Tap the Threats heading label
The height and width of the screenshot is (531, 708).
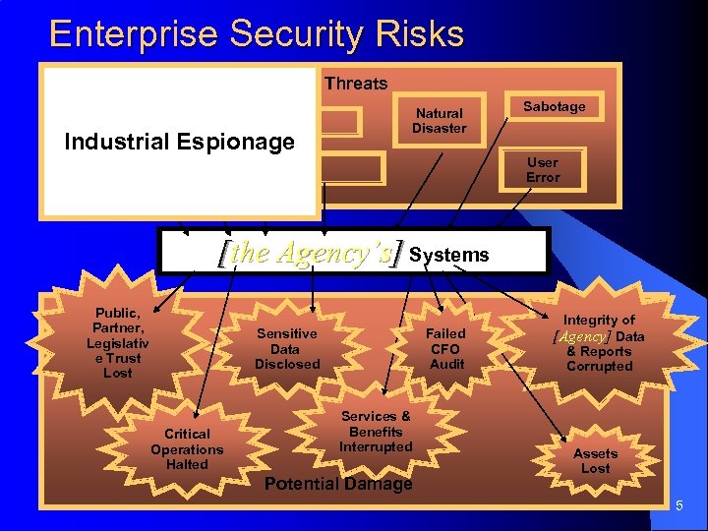[356, 84]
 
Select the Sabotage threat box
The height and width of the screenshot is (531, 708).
[554, 106]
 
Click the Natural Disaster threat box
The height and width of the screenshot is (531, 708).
[439, 121]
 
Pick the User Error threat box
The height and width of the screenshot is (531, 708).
[542, 169]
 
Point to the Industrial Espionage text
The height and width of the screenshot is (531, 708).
[179, 142]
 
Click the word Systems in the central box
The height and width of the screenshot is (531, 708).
[448, 255]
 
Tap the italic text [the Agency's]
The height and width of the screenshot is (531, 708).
[310, 254]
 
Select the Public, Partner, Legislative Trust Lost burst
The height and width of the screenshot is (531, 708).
[117, 342]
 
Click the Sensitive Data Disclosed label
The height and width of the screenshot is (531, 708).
[287, 348]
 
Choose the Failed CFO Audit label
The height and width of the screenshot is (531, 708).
[446, 348]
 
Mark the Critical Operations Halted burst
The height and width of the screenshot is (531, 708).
[187, 448]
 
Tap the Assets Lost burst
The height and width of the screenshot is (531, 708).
[595, 460]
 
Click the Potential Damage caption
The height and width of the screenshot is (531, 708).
[338, 484]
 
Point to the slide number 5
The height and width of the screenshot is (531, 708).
[678, 505]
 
